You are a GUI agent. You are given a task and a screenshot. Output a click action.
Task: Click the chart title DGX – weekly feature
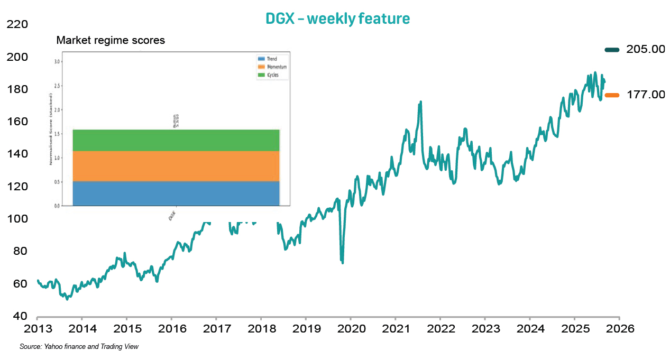coord(337,19)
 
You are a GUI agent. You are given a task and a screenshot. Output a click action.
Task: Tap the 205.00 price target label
coord(645,49)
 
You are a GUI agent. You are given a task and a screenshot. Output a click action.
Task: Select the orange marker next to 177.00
coord(612,95)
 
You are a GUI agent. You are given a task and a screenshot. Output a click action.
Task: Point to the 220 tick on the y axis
coord(18,24)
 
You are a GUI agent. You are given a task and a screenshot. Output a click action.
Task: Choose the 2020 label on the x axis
coord(351,328)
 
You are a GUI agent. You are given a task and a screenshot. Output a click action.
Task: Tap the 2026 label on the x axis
coord(620,328)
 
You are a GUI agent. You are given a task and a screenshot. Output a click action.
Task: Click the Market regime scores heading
coord(111,41)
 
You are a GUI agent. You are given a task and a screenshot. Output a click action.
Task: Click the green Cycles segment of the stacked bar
coord(176,140)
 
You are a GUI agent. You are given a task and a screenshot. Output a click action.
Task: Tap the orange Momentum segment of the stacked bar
coord(176,166)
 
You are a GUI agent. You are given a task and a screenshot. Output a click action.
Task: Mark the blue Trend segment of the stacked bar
coord(176,193)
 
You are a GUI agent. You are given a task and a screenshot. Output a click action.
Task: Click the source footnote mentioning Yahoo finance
coord(79,346)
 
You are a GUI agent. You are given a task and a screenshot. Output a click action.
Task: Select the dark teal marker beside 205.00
coord(612,50)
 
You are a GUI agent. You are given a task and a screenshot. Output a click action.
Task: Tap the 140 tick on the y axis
coord(18,154)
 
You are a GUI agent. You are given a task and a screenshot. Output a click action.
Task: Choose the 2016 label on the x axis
coord(171,328)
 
